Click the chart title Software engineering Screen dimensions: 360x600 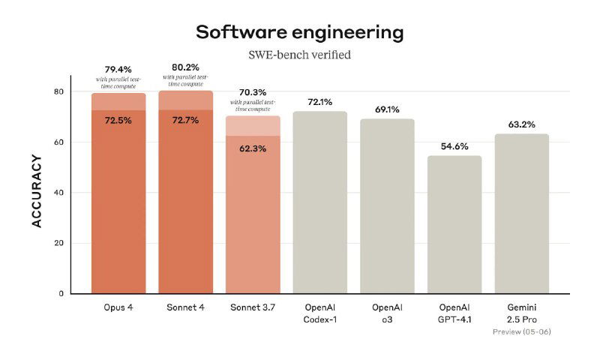tap(299, 32)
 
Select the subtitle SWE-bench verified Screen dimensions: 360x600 tap(299, 55)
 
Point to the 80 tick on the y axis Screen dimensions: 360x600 tap(58, 91)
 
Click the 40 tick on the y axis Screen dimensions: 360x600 tap(58, 193)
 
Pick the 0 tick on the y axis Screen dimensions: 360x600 tap(61, 294)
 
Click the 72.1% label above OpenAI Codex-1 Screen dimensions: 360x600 tap(319, 101)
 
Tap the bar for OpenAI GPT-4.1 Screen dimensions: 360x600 tap(454, 225)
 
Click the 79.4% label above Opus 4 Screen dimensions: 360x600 tap(118, 69)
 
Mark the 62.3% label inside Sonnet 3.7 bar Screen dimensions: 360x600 tap(253, 148)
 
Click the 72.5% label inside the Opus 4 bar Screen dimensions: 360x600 tap(118, 120)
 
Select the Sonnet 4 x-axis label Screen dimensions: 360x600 tap(186, 308)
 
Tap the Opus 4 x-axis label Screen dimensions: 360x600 tap(118, 308)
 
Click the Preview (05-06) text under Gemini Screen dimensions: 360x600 tap(521, 331)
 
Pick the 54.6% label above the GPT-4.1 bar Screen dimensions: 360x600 tap(454, 145)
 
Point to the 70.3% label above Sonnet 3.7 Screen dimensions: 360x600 tap(253, 92)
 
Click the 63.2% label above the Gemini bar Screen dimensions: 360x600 tap(521, 124)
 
